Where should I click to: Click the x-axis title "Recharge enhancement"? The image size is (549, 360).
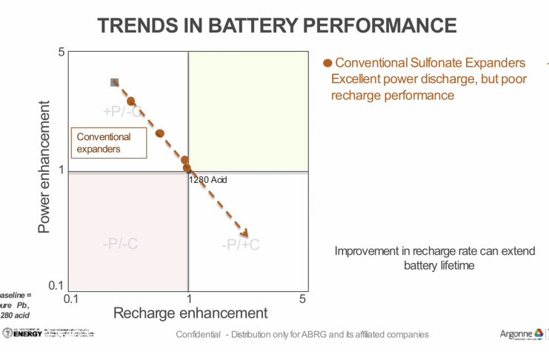click(x=190, y=313)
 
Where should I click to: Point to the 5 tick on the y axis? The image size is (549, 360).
click(x=61, y=52)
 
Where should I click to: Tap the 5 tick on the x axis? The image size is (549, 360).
click(x=302, y=299)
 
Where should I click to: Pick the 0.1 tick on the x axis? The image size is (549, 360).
click(x=71, y=299)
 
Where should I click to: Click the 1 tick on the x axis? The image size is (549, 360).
click(x=189, y=299)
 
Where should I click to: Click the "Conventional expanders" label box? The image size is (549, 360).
click(x=107, y=143)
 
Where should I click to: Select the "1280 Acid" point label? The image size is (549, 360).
click(x=208, y=180)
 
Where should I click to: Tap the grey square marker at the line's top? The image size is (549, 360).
click(x=115, y=82)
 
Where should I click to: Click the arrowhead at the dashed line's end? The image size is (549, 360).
click(x=244, y=232)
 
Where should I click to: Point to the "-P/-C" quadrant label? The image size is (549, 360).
click(x=120, y=244)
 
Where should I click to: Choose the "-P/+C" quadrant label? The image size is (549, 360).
click(x=240, y=244)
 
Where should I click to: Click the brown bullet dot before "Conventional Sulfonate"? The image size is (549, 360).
click(x=328, y=62)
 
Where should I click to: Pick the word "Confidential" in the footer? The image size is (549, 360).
click(x=198, y=335)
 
